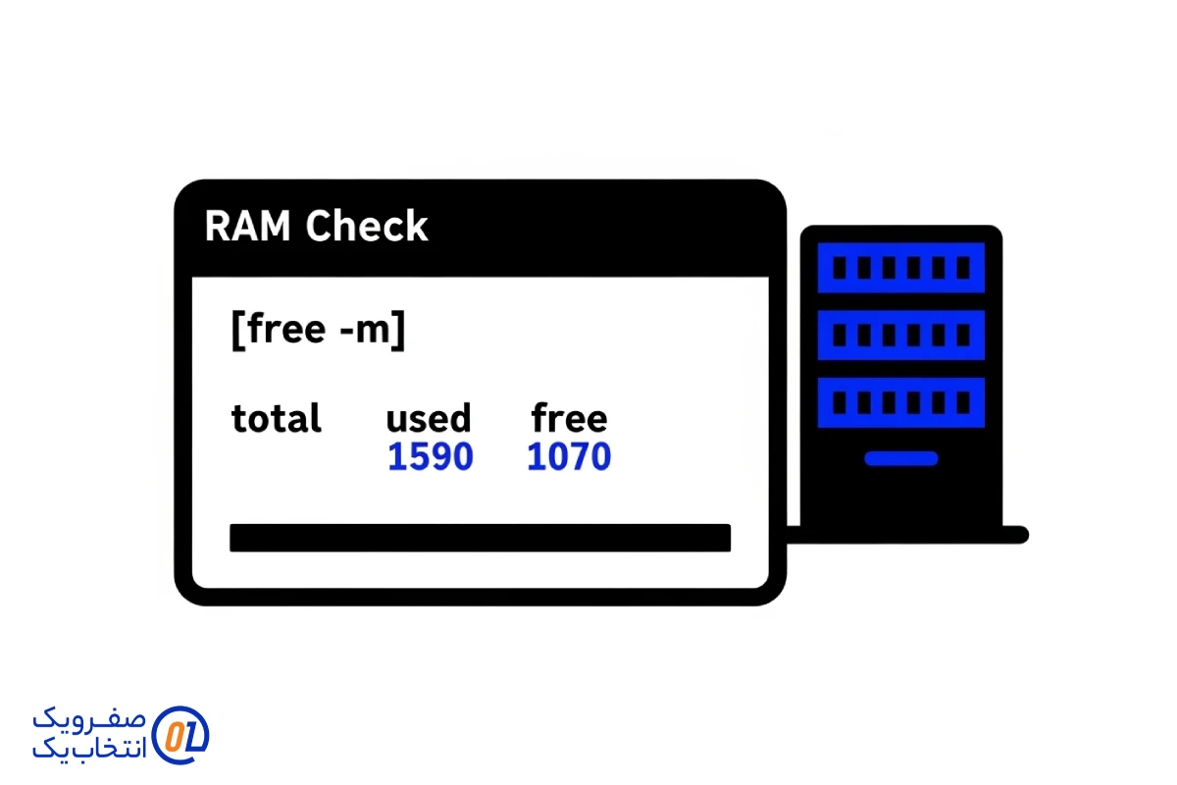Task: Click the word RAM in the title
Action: (248, 227)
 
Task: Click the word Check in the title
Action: (366, 227)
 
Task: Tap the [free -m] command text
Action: (318, 330)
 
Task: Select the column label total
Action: (276, 419)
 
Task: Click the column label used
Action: (428, 419)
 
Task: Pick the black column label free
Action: (569, 419)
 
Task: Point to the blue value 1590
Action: (430, 457)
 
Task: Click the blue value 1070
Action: (569, 457)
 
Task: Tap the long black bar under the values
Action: (480, 538)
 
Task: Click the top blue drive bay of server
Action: (900, 268)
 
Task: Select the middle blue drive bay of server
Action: (900, 335)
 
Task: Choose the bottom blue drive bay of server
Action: (900, 402)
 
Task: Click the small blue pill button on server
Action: (900, 458)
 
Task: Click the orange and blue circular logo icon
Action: (181, 734)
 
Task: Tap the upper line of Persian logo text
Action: (90, 718)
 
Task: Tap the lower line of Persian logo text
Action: (90, 748)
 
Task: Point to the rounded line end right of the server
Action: (1020, 535)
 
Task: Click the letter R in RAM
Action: (218, 227)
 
